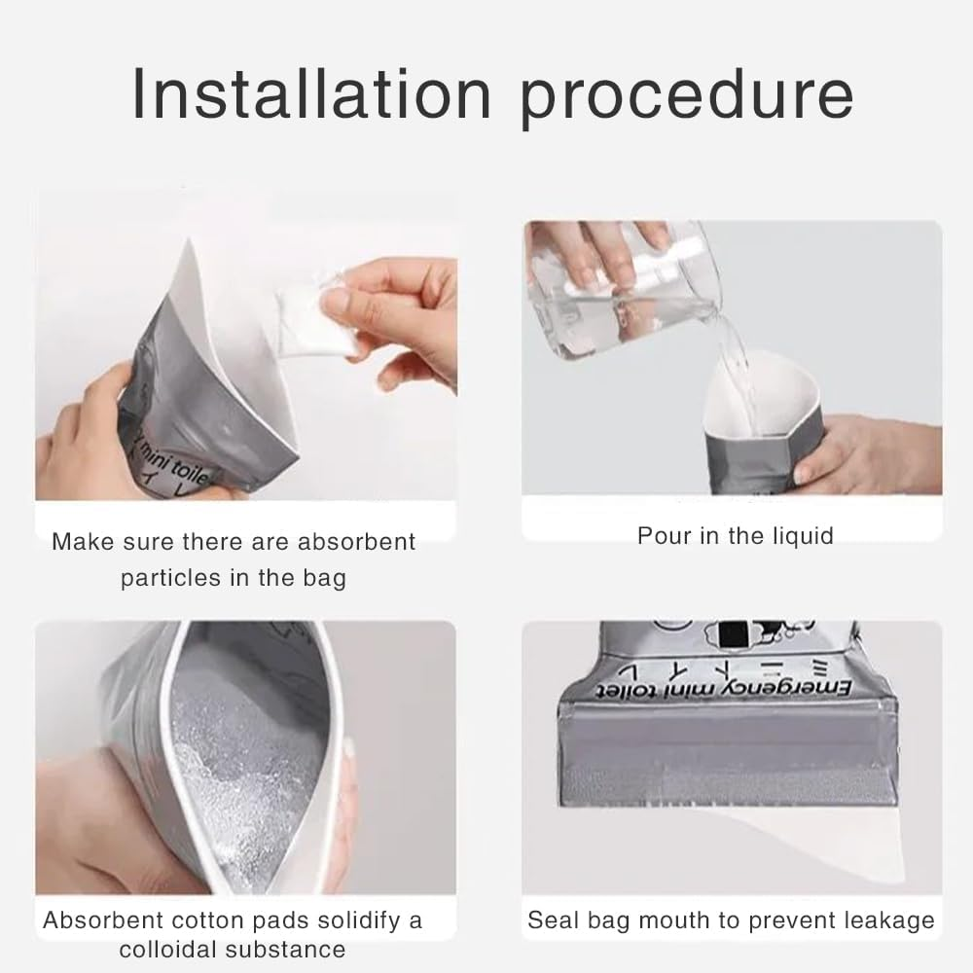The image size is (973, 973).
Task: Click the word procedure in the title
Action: point(689,94)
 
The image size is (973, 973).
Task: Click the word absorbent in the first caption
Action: point(356,542)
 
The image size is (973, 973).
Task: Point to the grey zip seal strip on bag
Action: point(735,749)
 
